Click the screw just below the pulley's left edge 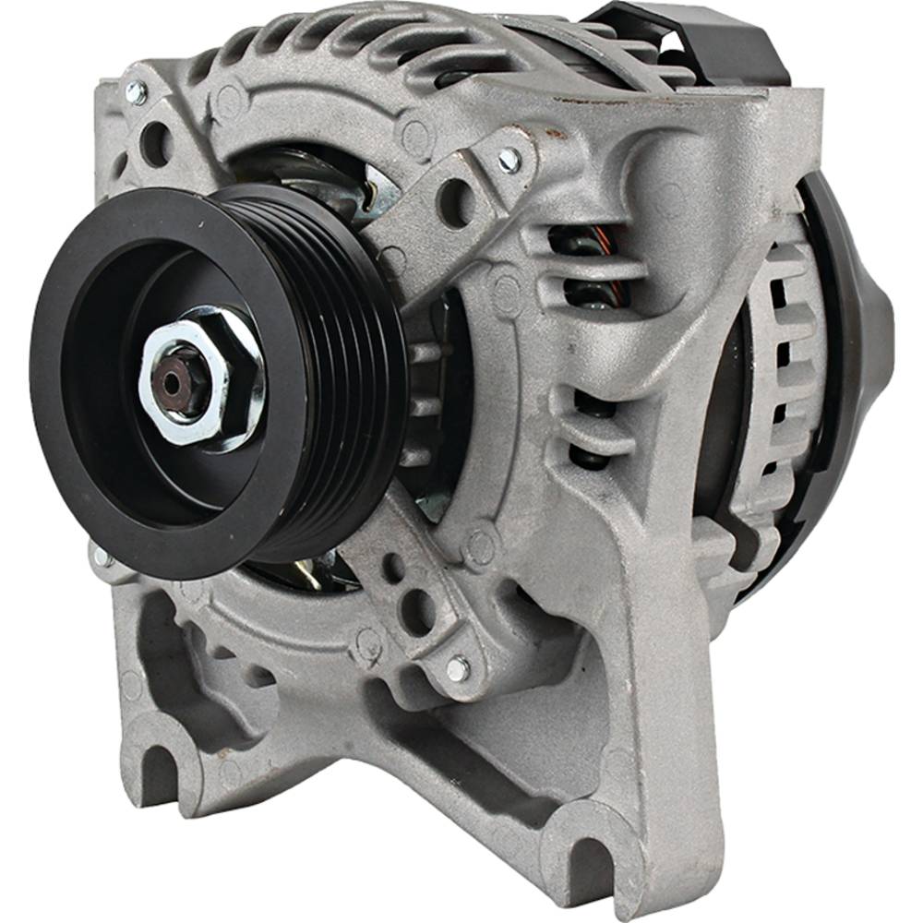coord(101,557)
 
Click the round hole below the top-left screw coord(154,143)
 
